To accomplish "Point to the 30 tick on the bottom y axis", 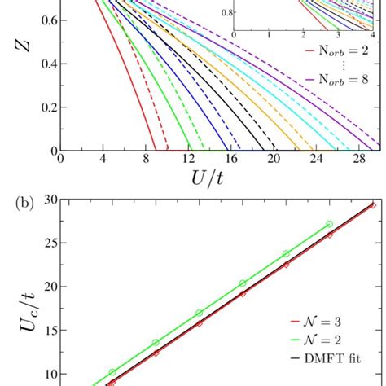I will [x=50, y=200].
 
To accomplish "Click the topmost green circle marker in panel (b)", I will [x=329, y=224].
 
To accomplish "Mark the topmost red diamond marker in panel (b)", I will [x=373, y=205].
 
